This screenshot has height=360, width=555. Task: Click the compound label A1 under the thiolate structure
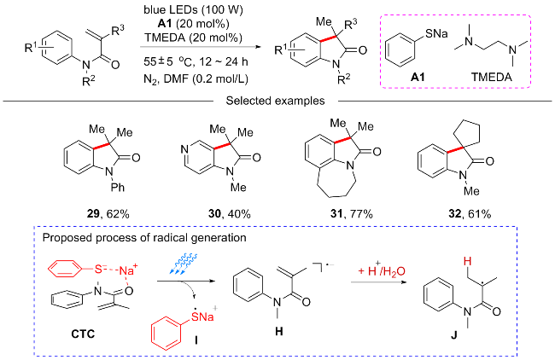tap(418, 77)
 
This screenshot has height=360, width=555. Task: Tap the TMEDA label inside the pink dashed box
tap(492, 77)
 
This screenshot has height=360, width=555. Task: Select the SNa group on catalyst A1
tap(436, 33)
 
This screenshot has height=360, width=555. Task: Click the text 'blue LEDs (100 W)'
tap(193, 10)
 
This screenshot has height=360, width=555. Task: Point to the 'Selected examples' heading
tap(275, 101)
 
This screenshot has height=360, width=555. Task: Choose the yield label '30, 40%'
tap(230, 214)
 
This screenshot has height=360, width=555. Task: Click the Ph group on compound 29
tap(118, 187)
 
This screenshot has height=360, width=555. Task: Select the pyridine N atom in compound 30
tap(184, 150)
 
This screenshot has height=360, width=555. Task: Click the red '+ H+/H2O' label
tap(382, 270)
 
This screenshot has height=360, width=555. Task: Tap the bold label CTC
tap(83, 334)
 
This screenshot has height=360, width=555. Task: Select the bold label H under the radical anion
tap(279, 331)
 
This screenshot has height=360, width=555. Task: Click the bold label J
tap(454, 335)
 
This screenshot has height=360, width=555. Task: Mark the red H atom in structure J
tap(468, 261)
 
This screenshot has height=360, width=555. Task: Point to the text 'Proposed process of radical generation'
tap(144, 238)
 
